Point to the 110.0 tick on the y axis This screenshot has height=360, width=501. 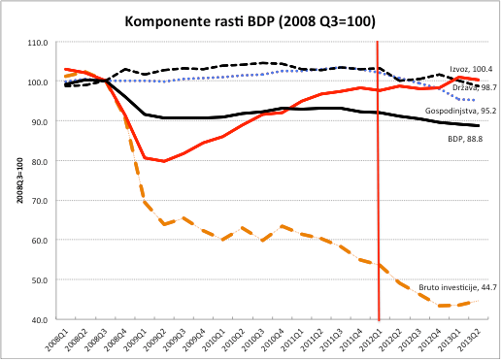coord(38,44)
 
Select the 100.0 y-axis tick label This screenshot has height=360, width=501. coord(38,82)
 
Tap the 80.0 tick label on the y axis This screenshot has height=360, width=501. coord(40,162)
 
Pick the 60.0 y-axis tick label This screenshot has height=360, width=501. coord(40,241)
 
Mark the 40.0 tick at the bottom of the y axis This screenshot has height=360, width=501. coord(40,320)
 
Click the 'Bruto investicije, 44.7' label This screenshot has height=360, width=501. coord(451,287)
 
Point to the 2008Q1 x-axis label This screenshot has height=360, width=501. coord(58,338)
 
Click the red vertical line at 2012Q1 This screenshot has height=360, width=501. coord(379,194)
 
